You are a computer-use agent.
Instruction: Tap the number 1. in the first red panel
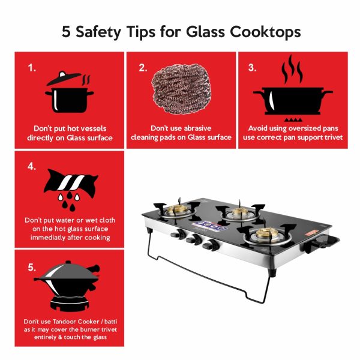[x=32, y=68]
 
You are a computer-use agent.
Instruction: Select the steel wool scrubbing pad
[x=181, y=89]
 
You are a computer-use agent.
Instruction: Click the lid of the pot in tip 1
[x=64, y=79]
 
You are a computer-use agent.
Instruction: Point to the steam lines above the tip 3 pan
[x=292, y=69]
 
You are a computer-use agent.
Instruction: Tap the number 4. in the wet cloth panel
[x=32, y=166]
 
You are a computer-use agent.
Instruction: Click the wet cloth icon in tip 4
[x=71, y=184]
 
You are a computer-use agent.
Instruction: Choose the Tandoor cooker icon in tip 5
[x=67, y=286]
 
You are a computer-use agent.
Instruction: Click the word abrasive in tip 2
[x=197, y=128]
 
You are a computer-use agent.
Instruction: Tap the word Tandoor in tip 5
[x=65, y=322]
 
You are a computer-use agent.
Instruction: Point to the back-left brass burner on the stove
[x=177, y=209]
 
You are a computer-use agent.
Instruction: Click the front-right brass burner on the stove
[x=267, y=234]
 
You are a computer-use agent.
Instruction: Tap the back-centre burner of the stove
[x=240, y=212]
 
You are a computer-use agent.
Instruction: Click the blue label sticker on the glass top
[x=209, y=226]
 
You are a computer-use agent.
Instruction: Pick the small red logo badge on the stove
[x=311, y=234]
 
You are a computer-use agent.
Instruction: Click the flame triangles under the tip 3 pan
[x=293, y=119]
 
